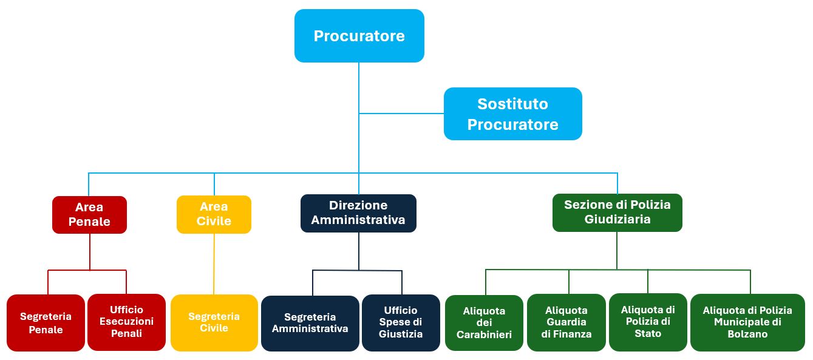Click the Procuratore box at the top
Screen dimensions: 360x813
[359, 36]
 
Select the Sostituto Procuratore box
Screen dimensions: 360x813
[512, 114]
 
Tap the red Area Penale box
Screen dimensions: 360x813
[89, 214]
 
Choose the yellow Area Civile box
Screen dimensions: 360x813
[214, 214]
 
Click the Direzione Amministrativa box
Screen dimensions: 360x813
[358, 213]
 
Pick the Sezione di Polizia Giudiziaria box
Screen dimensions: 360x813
[617, 212]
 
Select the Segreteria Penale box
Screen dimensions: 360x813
[46, 323]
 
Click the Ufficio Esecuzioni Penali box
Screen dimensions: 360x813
[126, 322]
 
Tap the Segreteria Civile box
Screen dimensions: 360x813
[214, 322]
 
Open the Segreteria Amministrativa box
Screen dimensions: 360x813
[310, 323]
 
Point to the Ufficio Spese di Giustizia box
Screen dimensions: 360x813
[401, 322]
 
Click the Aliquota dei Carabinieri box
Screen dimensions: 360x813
[484, 322]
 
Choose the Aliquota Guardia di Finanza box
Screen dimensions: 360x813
[566, 322]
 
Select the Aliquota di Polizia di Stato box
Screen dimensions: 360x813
[648, 322]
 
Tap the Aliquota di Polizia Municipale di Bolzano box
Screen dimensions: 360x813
[747, 322]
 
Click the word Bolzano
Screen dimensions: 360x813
[747, 335]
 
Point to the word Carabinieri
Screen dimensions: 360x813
[484, 335]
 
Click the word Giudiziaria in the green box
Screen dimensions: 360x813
[617, 220]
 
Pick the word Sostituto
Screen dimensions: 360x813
[512, 104]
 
